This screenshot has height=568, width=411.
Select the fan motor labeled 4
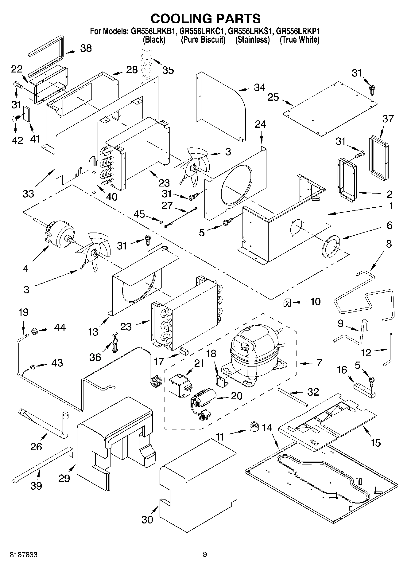60,235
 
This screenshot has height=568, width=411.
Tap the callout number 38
86,48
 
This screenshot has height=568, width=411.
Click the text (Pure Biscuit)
203,40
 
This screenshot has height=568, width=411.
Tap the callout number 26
36,446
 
